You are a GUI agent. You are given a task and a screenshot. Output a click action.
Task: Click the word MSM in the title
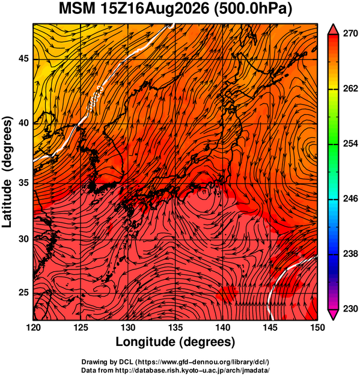coord(77,9)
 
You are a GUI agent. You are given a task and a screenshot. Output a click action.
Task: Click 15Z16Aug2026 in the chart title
coord(154,9)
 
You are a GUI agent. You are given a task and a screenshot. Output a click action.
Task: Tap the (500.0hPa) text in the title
coord(253,10)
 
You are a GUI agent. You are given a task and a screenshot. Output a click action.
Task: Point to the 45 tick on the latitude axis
coord(23,58)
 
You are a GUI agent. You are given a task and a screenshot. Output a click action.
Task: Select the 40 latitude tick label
coord(23,123)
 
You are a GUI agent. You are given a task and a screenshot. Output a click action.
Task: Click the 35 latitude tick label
coord(23,183)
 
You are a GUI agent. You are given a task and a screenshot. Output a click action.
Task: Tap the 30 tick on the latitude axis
coord(23,239)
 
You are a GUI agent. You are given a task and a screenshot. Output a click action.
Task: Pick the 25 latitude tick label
coord(23,293)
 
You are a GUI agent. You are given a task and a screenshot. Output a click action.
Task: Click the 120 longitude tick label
coord(34,327)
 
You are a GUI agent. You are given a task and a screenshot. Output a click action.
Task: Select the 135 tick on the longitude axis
coord(175,327)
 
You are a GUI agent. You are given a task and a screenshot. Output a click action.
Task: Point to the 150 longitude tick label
coord(317,327)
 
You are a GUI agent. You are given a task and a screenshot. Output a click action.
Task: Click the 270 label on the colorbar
coord(350,34)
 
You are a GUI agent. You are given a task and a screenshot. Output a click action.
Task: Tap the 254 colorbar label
coord(350,144)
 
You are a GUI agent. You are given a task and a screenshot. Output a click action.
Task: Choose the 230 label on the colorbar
coord(350,309)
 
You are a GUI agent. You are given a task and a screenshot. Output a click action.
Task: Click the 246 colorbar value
coord(350,199)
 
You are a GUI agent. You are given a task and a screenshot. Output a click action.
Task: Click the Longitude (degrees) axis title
coord(175,342)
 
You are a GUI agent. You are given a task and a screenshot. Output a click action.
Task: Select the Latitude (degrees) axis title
coord(7,171)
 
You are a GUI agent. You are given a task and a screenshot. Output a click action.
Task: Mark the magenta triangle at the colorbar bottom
coord(333,314)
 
